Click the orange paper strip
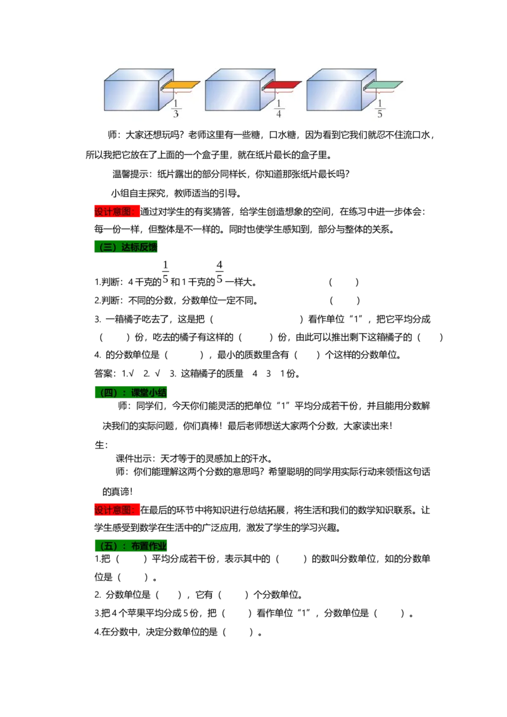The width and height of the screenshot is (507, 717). click(181, 85)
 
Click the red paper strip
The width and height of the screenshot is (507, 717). click(283, 85)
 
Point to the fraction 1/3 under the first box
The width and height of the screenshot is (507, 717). click(176, 110)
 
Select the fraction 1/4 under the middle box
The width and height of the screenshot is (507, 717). click(278, 110)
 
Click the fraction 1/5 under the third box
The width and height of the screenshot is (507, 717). click(380, 110)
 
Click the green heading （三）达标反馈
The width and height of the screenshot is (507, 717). click(126, 248)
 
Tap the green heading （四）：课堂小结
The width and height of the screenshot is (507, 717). click(131, 392)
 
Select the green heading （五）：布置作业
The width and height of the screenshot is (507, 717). click(131, 545)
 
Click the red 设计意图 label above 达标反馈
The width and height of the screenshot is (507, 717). click(117, 212)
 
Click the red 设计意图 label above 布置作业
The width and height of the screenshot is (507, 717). click(117, 510)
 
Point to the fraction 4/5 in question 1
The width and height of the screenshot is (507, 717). click(220, 272)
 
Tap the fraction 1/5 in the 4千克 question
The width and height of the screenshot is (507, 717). click(165, 272)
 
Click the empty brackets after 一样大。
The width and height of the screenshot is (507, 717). click(343, 282)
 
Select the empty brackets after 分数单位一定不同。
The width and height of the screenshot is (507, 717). click(345, 300)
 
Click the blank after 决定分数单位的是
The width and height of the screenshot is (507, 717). click(238, 632)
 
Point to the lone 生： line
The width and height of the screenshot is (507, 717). click(101, 445)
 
